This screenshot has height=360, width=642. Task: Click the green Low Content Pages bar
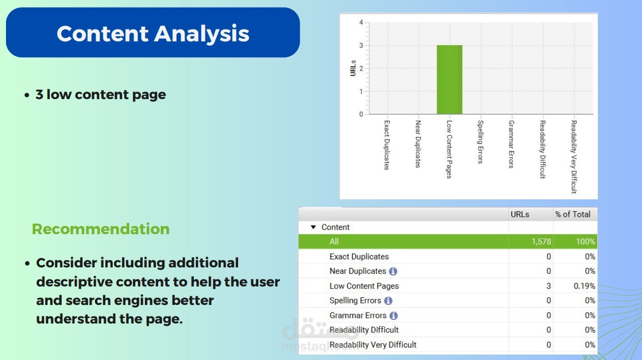pyautogui.click(x=449, y=80)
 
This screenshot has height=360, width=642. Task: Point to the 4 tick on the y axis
pyautogui.click(x=361, y=22)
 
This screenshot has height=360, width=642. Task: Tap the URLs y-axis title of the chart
pyautogui.click(x=353, y=68)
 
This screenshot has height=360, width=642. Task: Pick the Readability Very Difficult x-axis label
pyautogui.click(x=574, y=157)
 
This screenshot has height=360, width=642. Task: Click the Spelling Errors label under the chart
pyautogui.click(x=481, y=142)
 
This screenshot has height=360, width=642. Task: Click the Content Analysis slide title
pyautogui.click(x=153, y=33)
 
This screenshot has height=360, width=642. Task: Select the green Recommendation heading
pyautogui.click(x=101, y=229)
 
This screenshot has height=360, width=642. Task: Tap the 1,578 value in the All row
pyautogui.click(x=541, y=242)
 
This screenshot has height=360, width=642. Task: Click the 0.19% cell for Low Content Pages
pyautogui.click(x=584, y=286)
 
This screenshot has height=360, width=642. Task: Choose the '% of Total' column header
pyautogui.click(x=573, y=215)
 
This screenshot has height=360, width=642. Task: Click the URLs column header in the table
pyautogui.click(x=520, y=215)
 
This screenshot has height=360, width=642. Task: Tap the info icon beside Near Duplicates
pyautogui.click(x=393, y=271)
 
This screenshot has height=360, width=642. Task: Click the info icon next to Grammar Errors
pyautogui.click(x=393, y=315)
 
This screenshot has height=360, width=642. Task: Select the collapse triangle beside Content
pyautogui.click(x=313, y=227)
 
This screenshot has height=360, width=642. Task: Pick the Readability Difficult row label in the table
pyautogui.click(x=364, y=330)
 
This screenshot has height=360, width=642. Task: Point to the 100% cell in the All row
pyautogui.click(x=585, y=242)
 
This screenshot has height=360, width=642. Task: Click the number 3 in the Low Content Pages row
pyautogui.click(x=549, y=286)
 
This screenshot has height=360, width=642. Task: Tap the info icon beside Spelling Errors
pyautogui.click(x=388, y=301)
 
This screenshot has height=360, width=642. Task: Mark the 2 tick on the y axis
pyautogui.click(x=361, y=68)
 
